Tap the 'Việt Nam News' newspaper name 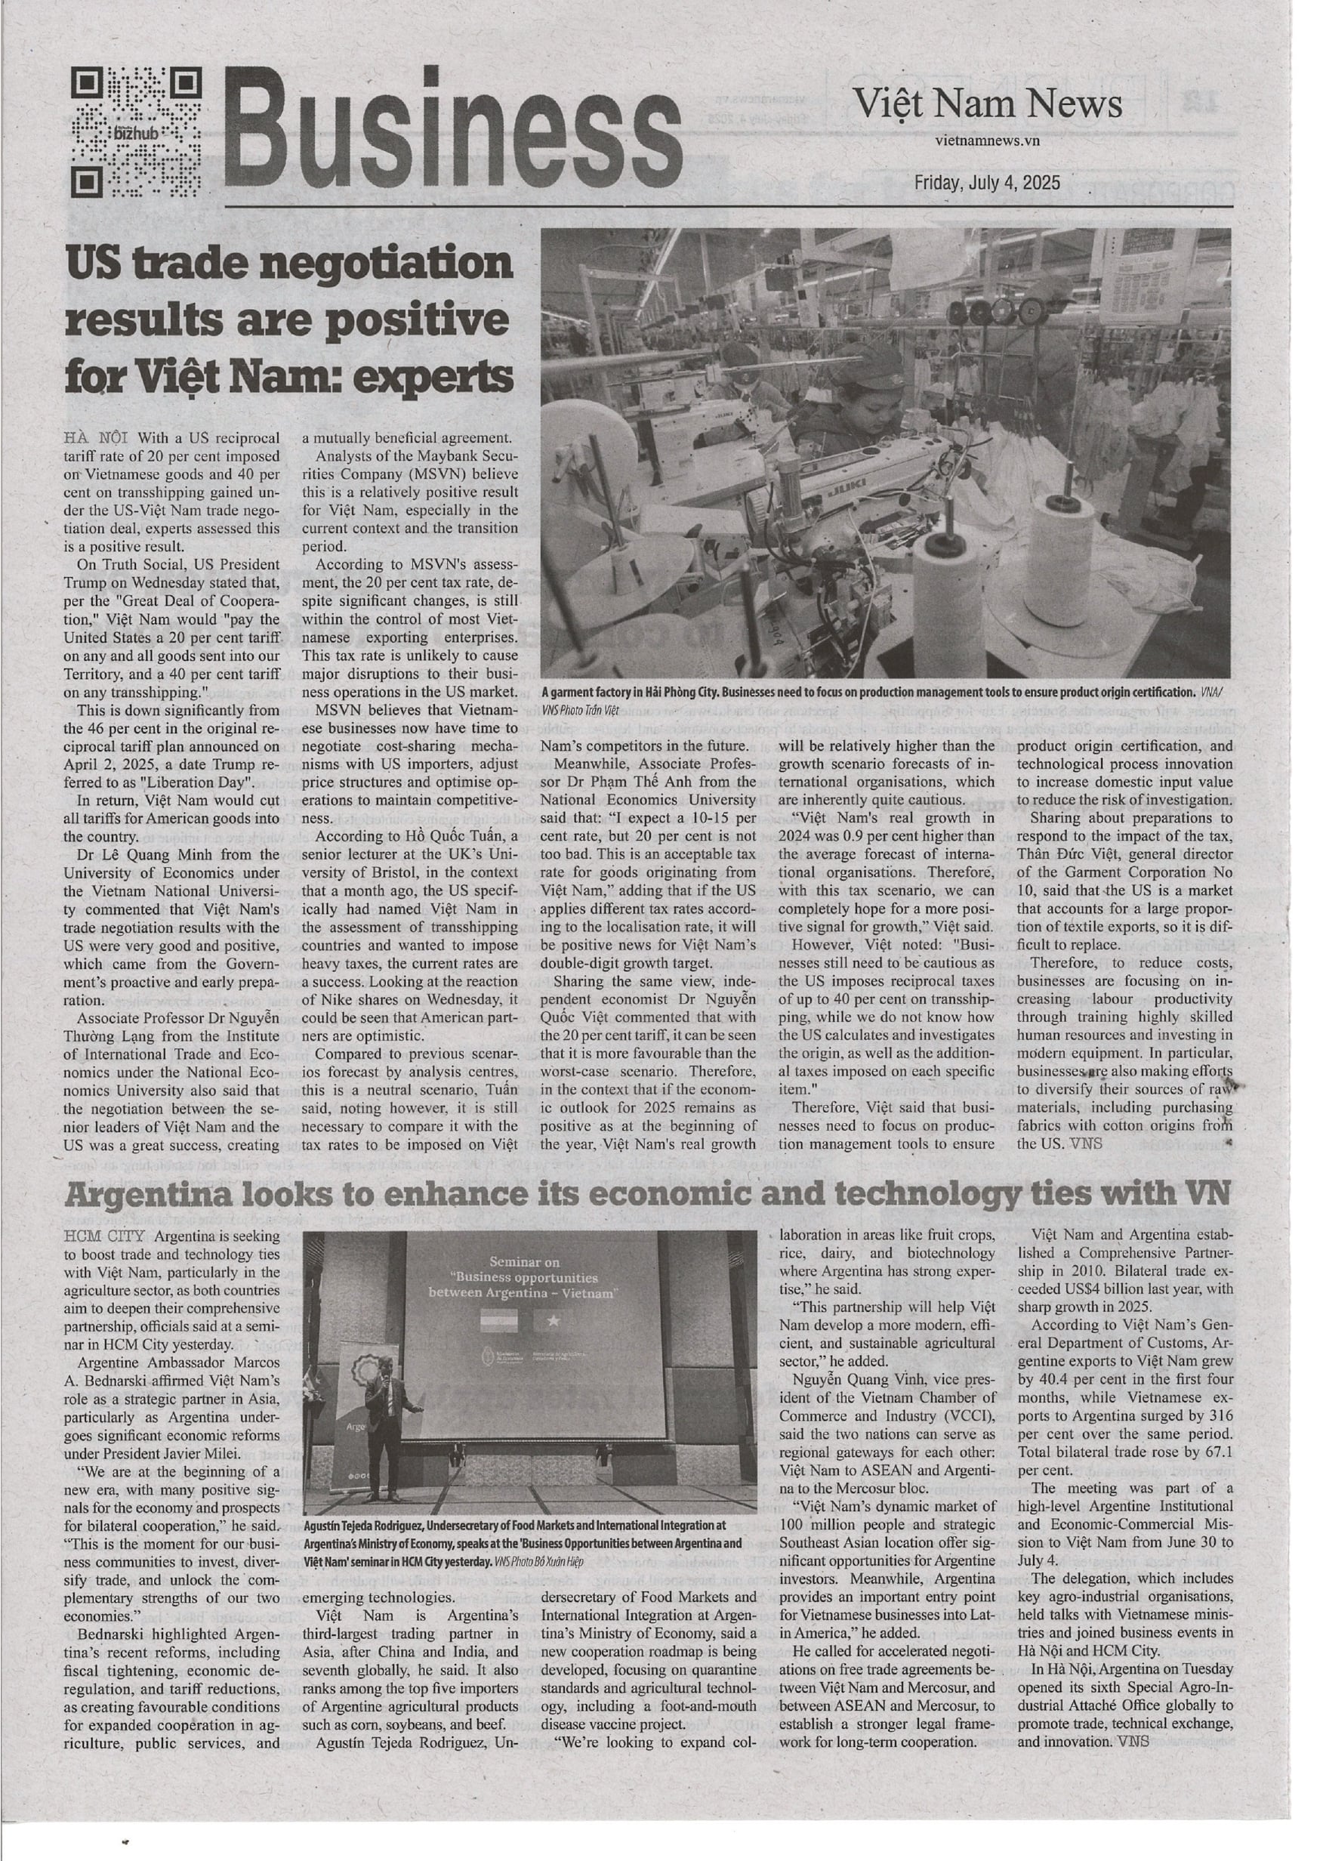(988, 104)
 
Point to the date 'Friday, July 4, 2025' (988, 183)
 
